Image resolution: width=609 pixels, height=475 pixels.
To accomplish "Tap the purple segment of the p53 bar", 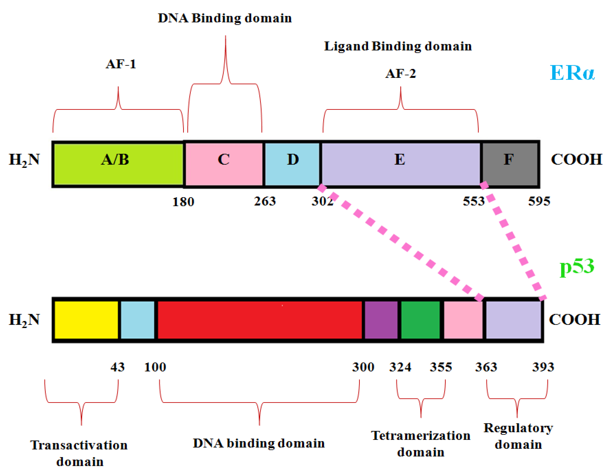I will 381,320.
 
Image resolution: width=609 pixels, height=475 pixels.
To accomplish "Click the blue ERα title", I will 572,73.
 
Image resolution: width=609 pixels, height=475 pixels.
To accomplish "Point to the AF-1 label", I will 121,64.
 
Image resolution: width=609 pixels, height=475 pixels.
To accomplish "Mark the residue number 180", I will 183,202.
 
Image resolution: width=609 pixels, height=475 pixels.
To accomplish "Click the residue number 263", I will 265,201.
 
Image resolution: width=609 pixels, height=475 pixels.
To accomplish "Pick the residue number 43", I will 117,367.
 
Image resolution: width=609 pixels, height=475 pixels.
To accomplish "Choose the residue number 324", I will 400,367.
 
